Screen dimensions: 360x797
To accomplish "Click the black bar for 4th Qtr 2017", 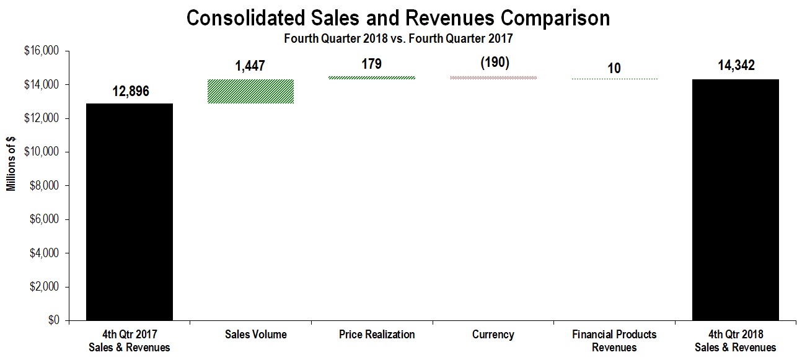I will click(129, 212).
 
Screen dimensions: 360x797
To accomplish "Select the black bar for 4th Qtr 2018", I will click(735, 200).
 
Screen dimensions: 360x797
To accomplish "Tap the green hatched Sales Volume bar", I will click(250, 91).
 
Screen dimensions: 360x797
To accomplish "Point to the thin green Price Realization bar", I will click(371, 77).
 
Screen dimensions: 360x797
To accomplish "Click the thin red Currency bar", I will click(493, 77).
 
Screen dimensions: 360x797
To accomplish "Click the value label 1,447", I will click(250, 66).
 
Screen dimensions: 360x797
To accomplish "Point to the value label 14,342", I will click(735, 66).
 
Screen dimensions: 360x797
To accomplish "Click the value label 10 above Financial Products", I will click(614, 68).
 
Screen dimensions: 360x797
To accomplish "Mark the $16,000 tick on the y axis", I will click(40, 51).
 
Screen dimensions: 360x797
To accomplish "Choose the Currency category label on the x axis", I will click(493, 335).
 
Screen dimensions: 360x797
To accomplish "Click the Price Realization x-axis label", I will click(377, 335).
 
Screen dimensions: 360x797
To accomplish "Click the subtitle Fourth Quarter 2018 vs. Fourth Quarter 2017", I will click(398, 38).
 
